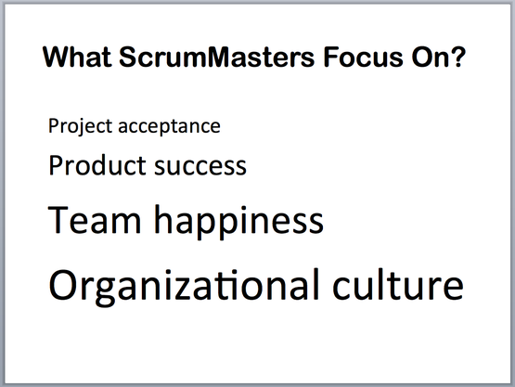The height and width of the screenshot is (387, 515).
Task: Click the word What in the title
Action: pyautogui.click(x=77, y=57)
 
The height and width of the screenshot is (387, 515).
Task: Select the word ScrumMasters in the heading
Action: pyautogui.click(x=217, y=57)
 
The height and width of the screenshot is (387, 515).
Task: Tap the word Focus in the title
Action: pyautogui.click(x=363, y=57)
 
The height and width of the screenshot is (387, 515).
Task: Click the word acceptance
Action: pyautogui.click(x=169, y=127)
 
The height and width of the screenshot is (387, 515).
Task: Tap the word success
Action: pyautogui.click(x=200, y=168)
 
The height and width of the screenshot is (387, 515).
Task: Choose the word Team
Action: pyautogui.click(x=95, y=219)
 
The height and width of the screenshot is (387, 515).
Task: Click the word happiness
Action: pyautogui.click(x=238, y=222)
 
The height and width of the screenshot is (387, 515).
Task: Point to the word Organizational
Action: pyautogui.click(x=184, y=286)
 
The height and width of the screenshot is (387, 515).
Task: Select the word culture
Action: pyautogui.click(x=398, y=284)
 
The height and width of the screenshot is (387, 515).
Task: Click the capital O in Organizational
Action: pyautogui.click(x=64, y=285)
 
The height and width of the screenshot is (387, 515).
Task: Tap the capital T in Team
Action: pyautogui.click(x=58, y=219)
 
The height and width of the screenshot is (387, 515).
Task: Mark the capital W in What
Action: pyautogui.click(x=58, y=58)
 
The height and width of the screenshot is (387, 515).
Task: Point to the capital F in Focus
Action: pyautogui.click(x=331, y=58)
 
